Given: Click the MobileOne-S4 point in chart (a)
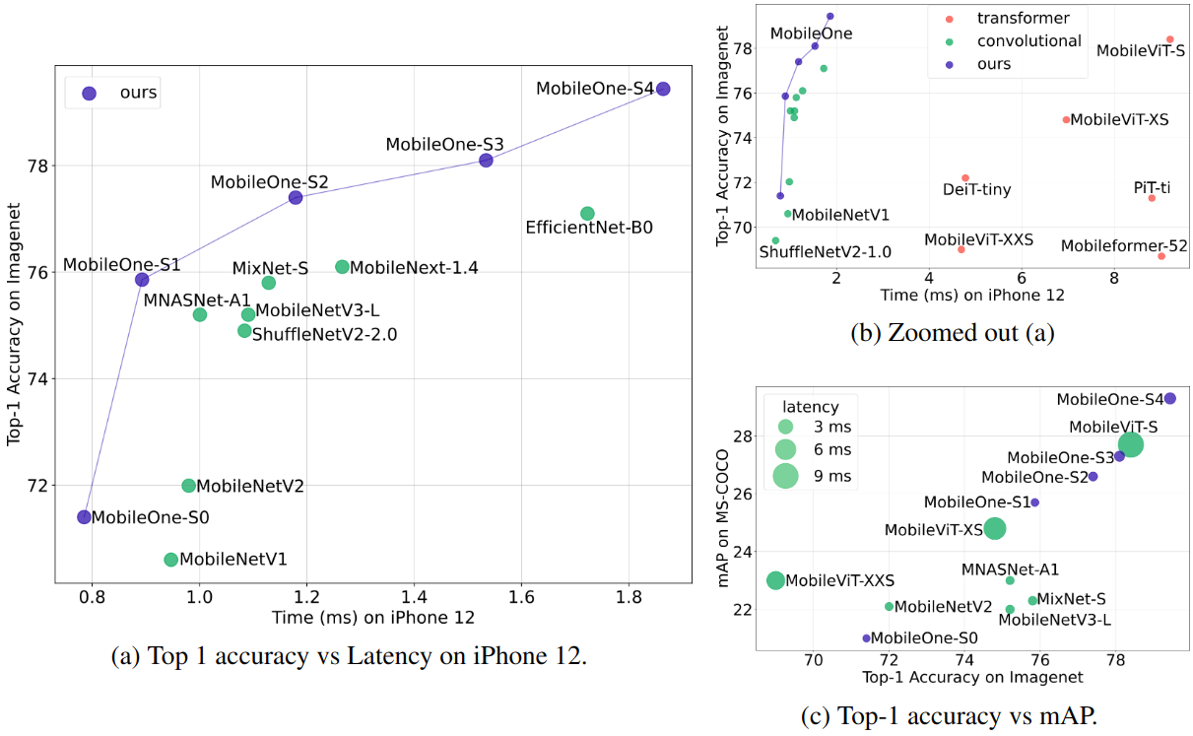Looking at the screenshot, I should [663, 89].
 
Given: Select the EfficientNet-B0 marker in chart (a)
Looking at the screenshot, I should [587, 214].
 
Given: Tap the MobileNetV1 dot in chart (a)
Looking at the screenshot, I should [171, 560].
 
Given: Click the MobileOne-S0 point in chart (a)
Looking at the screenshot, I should [85, 516].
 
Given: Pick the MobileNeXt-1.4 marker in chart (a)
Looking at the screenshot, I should [342, 267].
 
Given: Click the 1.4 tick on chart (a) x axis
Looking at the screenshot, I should [414, 598].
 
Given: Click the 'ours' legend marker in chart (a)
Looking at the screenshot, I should [90, 94].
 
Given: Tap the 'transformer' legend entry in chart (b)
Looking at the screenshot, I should [1023, 18].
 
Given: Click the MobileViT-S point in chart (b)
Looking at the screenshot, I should [1169, 39].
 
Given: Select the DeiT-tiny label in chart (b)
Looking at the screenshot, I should [976, 189].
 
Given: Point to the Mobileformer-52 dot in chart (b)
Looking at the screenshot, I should [1161, 256].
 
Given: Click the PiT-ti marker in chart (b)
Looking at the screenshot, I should [1151, 198].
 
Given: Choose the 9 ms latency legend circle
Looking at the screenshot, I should [785, 476].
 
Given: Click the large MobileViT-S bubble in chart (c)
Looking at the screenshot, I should [1131, 445].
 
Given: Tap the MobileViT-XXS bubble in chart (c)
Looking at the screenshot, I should [776, 580].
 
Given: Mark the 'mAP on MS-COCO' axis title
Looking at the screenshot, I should [725, 518].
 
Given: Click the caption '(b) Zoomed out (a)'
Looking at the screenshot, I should [952, 332].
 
